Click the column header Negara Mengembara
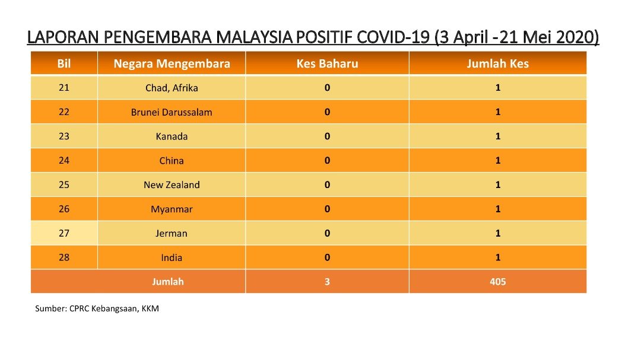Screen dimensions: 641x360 (x=172, y=63)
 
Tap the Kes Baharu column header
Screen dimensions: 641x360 (x=327, y=63)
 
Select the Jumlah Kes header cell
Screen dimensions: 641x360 (x=497, y=63)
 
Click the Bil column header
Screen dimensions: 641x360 (x=64, y=63)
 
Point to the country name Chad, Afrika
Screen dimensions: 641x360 (x=172, y=88)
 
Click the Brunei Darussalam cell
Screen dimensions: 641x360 (x=172, y=112)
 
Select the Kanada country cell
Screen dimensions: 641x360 (x=172, y=136)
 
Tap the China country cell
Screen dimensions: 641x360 (x=172, y=161)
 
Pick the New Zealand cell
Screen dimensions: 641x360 (x=172, y=184)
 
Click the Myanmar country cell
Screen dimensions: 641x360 (x=172, y=209)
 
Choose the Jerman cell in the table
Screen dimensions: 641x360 (x=172, y=233)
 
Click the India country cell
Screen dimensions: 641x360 (x=172, y=257)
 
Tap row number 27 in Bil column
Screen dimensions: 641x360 (x=64, y=233)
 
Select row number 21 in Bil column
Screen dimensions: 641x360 (x=64, y=87)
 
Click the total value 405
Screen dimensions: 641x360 (x=497, y=282)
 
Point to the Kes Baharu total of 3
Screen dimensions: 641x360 (x=327, y=282)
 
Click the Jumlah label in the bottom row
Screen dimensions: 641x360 (x=168, y=282)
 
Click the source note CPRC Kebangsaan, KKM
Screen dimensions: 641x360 (x=114, y=308)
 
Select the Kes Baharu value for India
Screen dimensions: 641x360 (x=327, y=257)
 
